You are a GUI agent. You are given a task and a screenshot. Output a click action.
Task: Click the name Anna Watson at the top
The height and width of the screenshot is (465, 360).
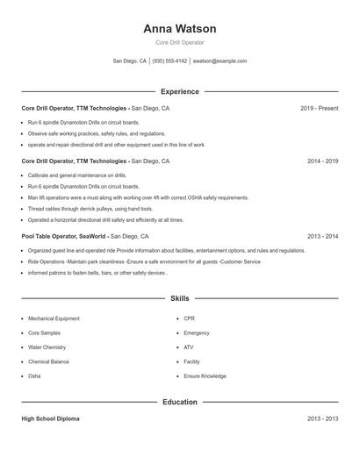[179, 28]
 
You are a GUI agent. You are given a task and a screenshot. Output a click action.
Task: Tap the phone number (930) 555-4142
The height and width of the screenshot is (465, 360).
[169, 61]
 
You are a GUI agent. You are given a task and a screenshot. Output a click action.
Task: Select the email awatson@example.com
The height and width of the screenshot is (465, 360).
[220, 61]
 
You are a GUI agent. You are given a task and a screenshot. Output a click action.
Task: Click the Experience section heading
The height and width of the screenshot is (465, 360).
[179, 91]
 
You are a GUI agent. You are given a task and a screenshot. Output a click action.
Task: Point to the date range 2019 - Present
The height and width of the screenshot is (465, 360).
[319, 109]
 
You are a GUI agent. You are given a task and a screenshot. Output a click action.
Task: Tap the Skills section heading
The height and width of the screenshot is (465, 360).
[179, 299]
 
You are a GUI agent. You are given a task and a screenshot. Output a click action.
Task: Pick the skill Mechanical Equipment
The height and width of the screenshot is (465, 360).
[54, 318]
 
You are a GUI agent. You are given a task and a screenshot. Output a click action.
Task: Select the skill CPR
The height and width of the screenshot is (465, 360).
[189, 318]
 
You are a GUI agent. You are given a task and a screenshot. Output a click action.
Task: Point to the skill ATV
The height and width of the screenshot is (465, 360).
[188, 347]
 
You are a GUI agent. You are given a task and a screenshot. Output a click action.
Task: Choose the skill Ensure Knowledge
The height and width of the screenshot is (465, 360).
[205, 376]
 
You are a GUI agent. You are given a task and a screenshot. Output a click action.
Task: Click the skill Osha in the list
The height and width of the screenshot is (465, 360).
[34, 376]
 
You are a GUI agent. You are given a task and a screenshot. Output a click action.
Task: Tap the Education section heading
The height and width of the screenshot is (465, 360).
[179, 402]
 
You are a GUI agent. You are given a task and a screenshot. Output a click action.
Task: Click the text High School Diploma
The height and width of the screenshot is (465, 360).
[51, 419]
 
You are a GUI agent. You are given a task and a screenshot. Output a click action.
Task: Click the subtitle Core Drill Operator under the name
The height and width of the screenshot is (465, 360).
[179, 42]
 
